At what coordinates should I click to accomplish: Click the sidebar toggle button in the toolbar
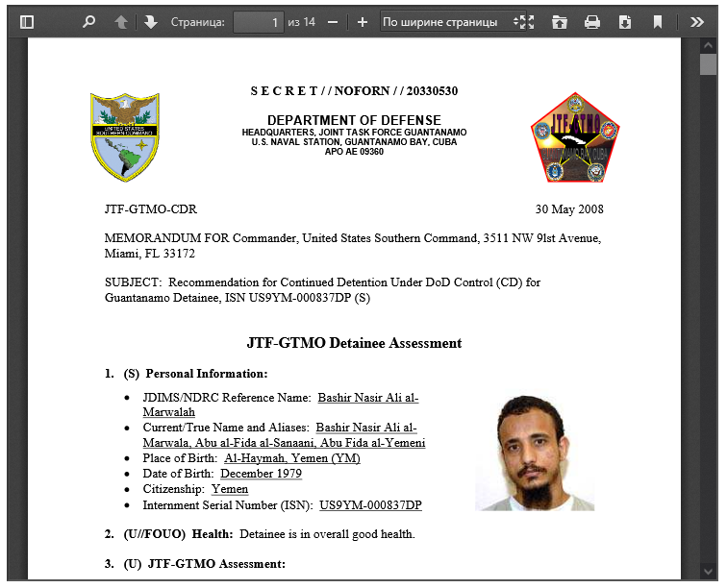(x=27, y=21)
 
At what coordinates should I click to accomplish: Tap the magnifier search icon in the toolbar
(x=88, y=21)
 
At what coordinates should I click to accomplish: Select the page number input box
(x=258, y=21)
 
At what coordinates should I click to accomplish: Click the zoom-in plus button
(x=362, y=21)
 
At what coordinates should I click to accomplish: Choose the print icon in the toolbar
(x=592, y=21)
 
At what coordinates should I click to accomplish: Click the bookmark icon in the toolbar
(x=657, y=21)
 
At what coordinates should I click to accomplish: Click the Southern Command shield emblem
(x=124, y=136)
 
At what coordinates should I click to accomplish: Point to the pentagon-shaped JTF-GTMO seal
(x=574, y=138)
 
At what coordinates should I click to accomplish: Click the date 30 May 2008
(x=569, y=209)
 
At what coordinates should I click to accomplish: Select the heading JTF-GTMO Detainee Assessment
(x=354, y=343)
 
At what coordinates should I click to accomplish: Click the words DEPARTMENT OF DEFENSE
(x=354, y=120)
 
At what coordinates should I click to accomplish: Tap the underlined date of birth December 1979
(x=261, y=474)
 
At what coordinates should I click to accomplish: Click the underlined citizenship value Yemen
(x=230, y=489)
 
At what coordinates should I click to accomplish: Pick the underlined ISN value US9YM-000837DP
(x=370, y=505)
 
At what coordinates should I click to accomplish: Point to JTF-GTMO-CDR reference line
(x=150, y=209)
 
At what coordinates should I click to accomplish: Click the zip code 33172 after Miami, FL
(x=178, y=254)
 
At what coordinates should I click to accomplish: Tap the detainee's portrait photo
(x=535, y=453)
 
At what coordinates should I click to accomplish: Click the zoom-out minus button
(x=333, y=21)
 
